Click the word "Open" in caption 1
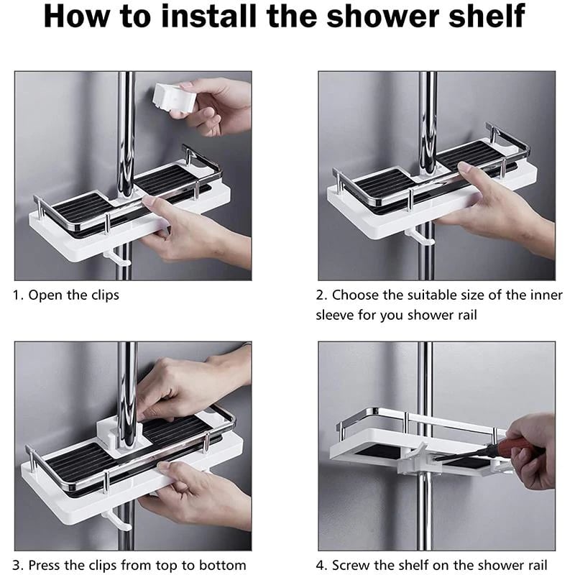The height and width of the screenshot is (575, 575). point(44,295)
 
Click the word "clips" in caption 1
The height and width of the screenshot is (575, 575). point(103,295)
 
